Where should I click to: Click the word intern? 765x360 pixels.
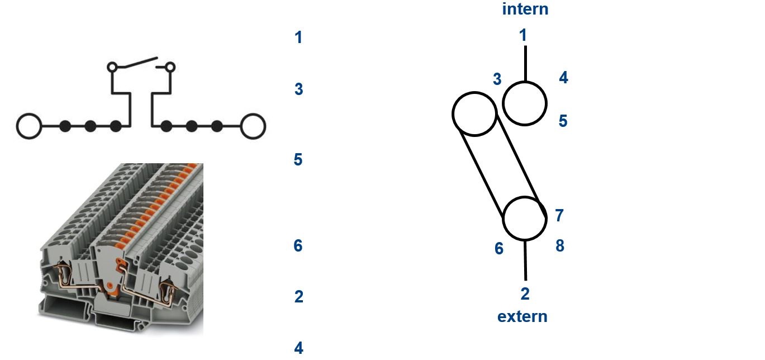[x=525, y=9]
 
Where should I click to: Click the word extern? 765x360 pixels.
[x=522, y=316]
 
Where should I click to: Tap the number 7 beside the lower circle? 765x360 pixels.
[x=559, y=216]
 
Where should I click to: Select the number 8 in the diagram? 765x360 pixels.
[x=560, y=245]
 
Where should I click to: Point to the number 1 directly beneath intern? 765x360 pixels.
[x=523, y=35]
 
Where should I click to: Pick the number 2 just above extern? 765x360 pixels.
[x=525, y=293]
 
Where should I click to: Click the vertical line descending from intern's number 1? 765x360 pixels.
[x=525, y=64]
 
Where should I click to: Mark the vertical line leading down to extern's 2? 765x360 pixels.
[x=525, y=260]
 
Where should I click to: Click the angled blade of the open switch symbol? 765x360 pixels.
[x=137, y=63]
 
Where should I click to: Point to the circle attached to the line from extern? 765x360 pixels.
[x=525, y=197]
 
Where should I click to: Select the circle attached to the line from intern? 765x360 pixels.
[x=525, y=82]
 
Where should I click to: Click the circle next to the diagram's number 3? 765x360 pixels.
[x=474, y=93]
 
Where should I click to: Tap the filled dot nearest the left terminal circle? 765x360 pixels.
[x=65, y=126]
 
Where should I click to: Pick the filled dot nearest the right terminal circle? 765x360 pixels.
[x=217, y=126]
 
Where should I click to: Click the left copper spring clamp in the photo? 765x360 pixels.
[x=65, y=273]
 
